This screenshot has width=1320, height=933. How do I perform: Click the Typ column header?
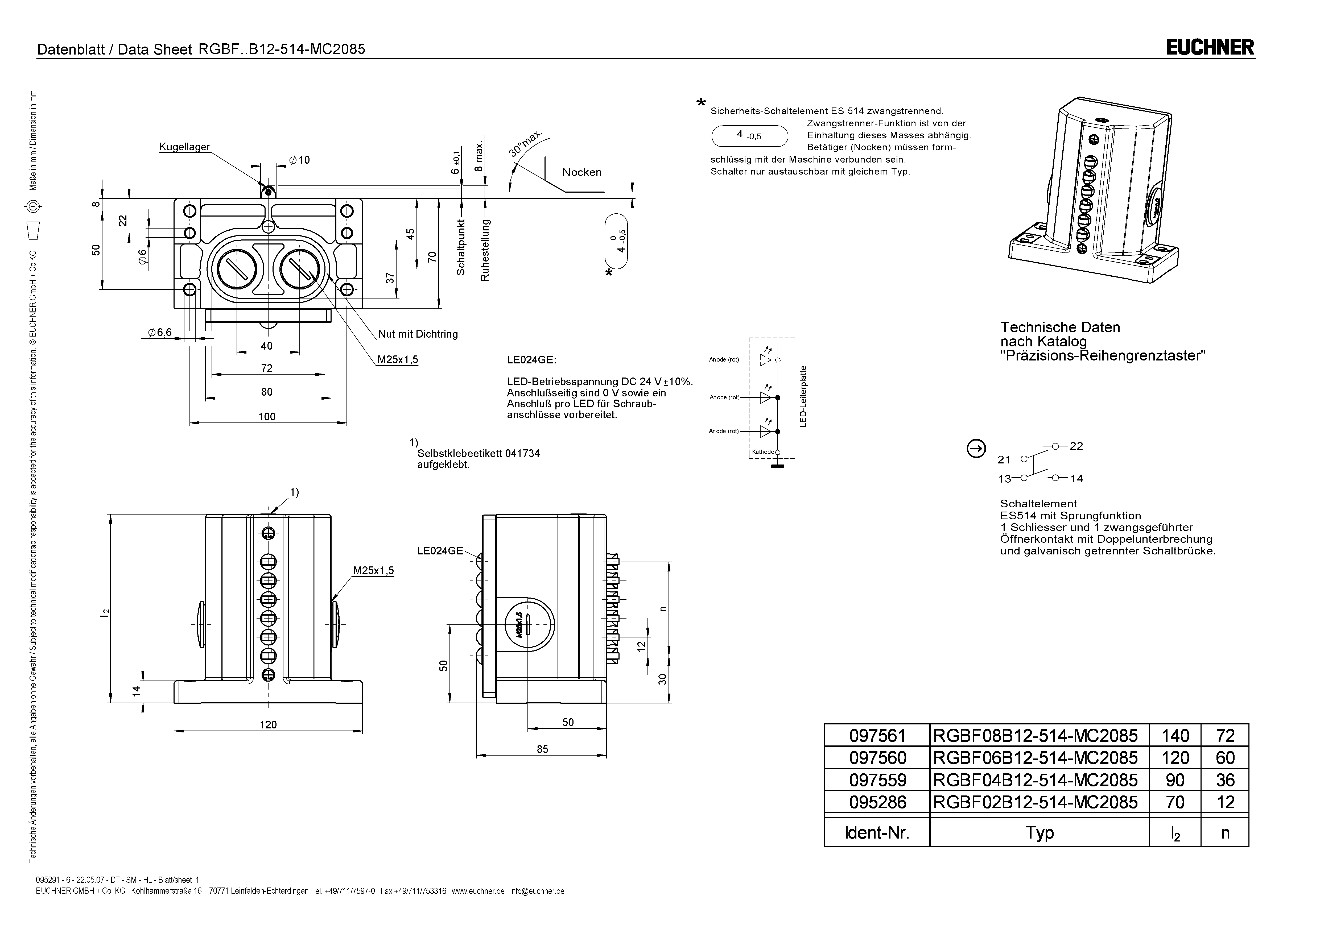1039,832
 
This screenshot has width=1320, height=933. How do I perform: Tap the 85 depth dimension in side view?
542,749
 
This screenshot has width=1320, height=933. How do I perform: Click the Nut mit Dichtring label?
418,334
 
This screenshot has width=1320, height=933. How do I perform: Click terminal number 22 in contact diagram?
1076,446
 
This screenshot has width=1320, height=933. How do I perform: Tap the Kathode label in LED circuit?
763,452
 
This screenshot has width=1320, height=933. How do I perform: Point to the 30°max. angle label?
525,143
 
